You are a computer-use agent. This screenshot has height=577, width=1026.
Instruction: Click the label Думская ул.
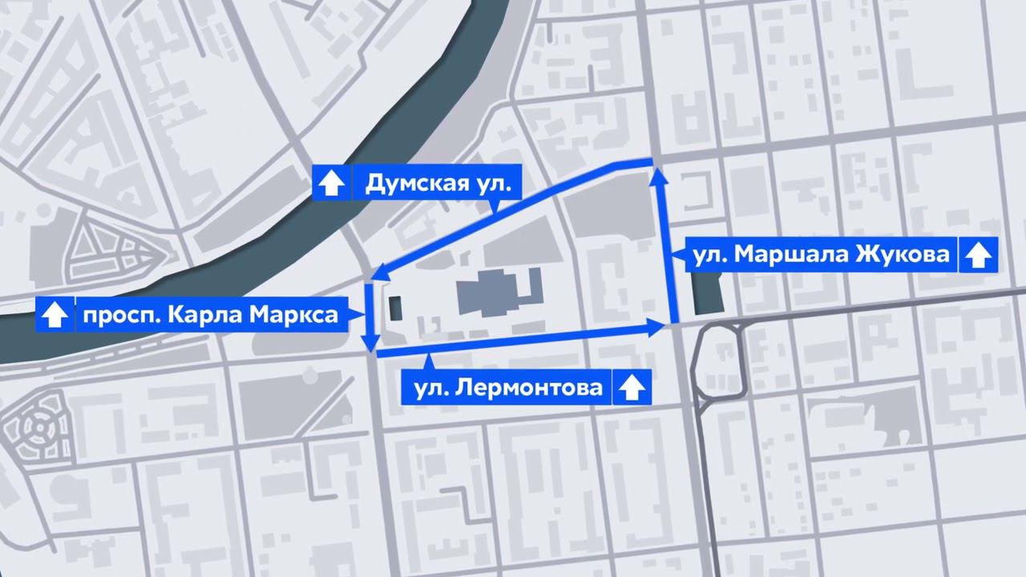(x=437, y=184)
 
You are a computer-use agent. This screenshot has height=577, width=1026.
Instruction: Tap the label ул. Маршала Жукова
(x=822, y=256)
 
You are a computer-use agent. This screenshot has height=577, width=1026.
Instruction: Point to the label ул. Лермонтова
(x=507, y=389)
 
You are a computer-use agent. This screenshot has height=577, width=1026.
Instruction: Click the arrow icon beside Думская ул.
(x=329, y=184)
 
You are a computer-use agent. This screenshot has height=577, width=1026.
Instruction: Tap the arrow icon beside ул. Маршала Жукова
(x=977, y=256)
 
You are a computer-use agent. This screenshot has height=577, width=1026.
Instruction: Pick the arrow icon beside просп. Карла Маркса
(x=54, y=314)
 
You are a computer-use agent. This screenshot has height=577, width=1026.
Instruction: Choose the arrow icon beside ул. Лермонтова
(x=632, y=389)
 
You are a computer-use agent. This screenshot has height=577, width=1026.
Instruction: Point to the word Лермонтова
(x=529, y=389)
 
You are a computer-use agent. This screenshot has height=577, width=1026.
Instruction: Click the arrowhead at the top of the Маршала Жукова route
(x=660, y=174)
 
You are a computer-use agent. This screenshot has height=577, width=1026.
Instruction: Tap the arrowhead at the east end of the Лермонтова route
(x=658, y=326)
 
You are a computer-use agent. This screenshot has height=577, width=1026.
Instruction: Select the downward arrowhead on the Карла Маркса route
(x=370, y=345)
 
